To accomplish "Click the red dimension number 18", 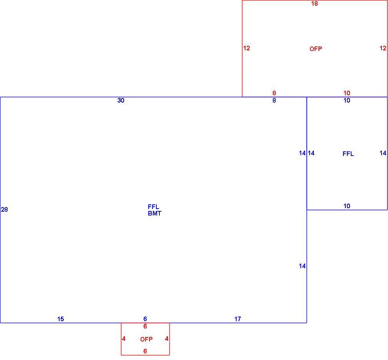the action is point(315,4).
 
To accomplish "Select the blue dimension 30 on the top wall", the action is point(121,100).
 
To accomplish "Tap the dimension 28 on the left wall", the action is point(5,209).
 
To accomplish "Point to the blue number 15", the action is point(61,319).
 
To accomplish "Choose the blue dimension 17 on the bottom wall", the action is point(237,319).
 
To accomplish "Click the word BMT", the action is point(155,213).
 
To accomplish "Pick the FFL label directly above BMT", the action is point(153,207).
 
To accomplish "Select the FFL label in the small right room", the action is point(348,154).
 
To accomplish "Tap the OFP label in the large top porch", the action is point(316,49).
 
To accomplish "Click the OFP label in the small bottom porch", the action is point(146,340).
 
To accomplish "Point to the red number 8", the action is point(274,93).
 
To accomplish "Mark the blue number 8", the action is point(274,100).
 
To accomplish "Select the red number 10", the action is point(347,93).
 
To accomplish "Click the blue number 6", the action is point(145,319).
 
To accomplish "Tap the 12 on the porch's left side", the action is point(247,48).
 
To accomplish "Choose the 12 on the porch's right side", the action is point(383,48).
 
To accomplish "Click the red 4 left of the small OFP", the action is point(124,339).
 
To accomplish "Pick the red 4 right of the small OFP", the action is point(167,339).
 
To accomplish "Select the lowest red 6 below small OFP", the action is point(145,351).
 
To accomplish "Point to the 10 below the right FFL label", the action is point(347,206).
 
